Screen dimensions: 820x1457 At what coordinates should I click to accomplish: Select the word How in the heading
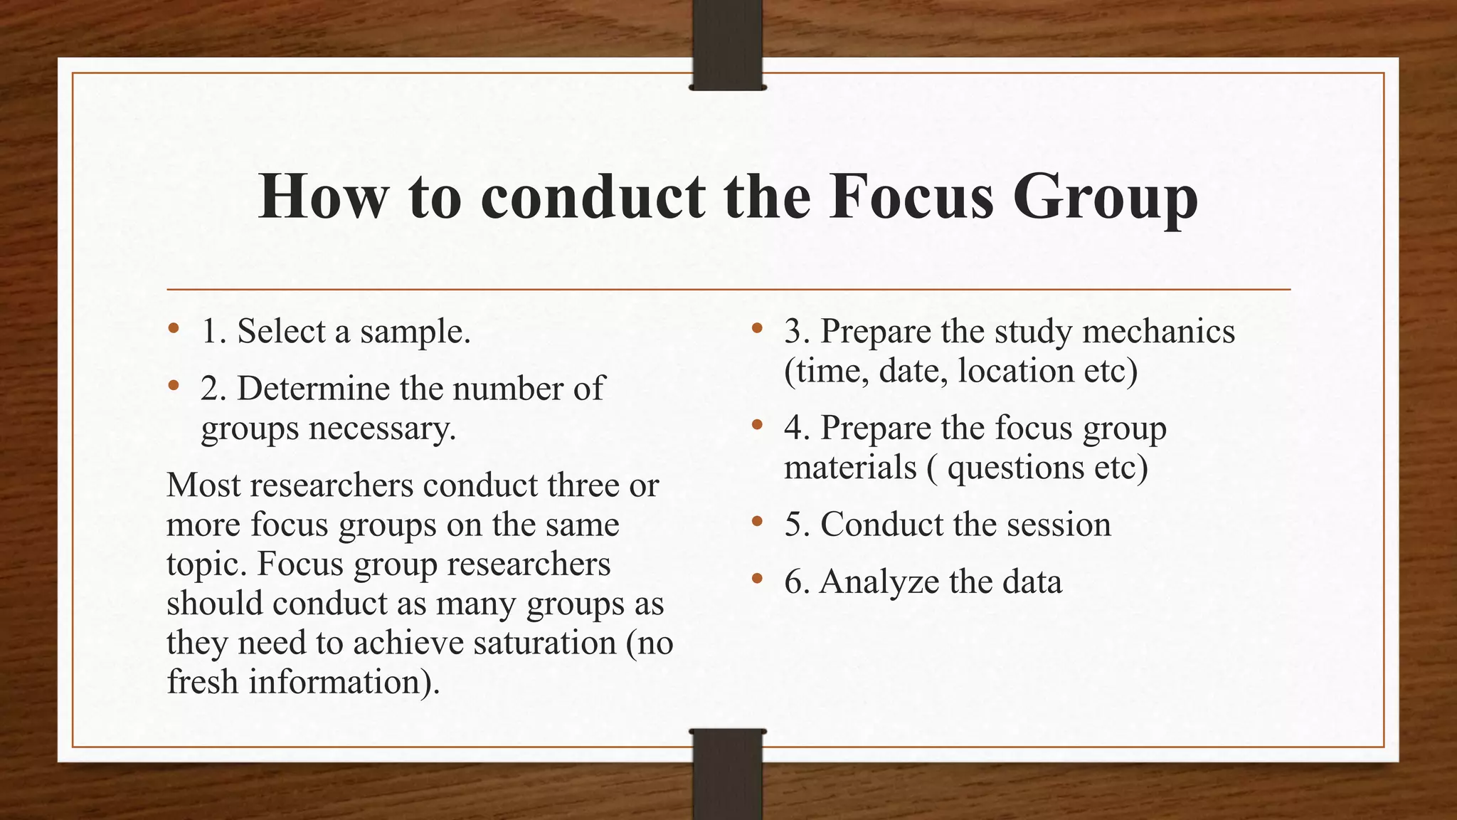[324, 196]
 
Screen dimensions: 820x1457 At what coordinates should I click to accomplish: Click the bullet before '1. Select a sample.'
[174, 330]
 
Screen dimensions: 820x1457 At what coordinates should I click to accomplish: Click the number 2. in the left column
[214, 389]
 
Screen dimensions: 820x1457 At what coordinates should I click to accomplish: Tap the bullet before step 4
[757, 426]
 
